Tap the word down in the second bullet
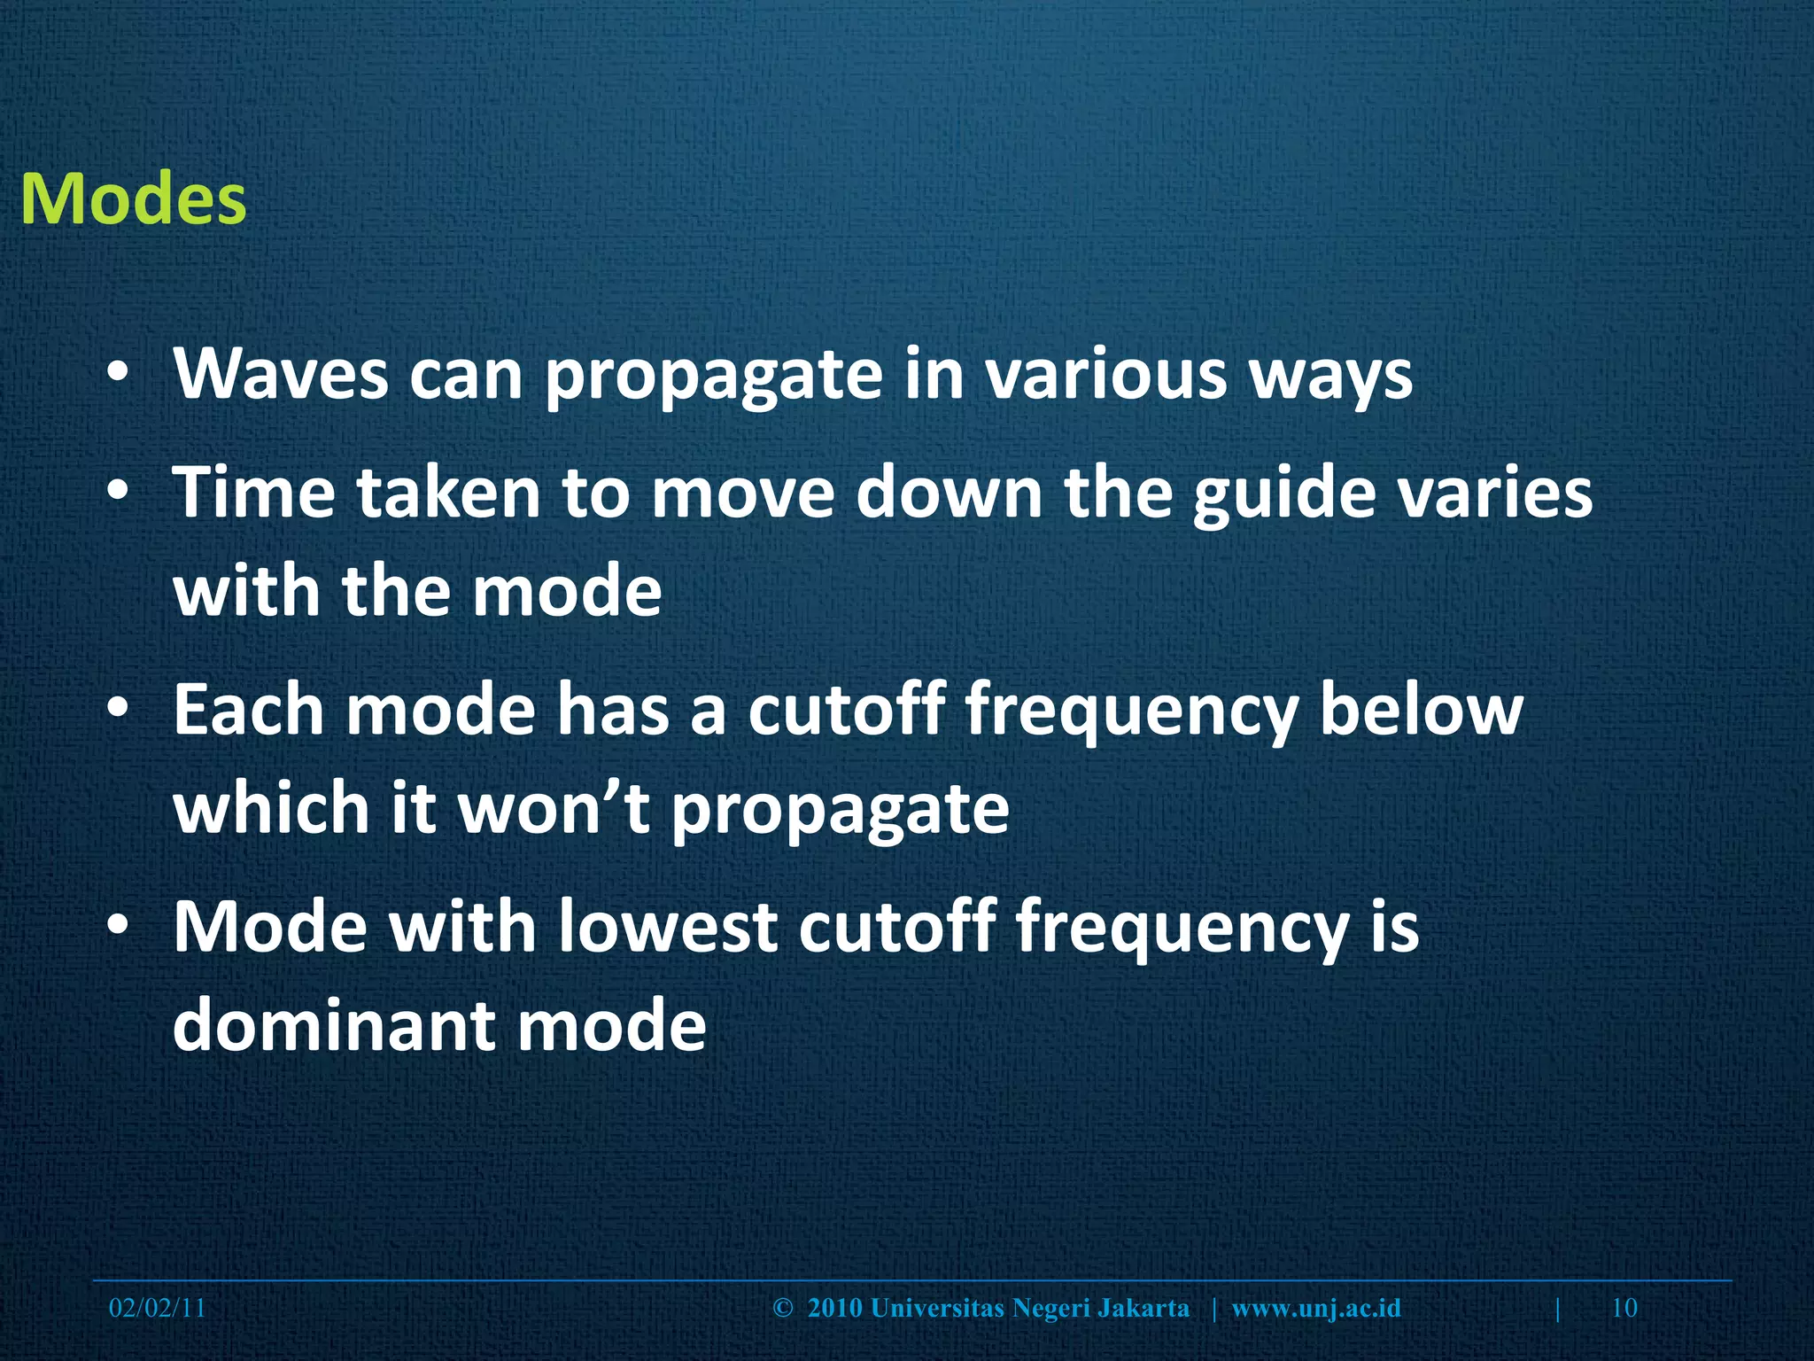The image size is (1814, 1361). click(x=949, y=492)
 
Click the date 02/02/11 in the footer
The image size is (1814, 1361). click(x=157, y=1308)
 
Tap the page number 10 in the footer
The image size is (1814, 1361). click(x=1624, y=1308)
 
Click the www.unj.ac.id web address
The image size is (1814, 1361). click(x=1316, y=1308)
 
